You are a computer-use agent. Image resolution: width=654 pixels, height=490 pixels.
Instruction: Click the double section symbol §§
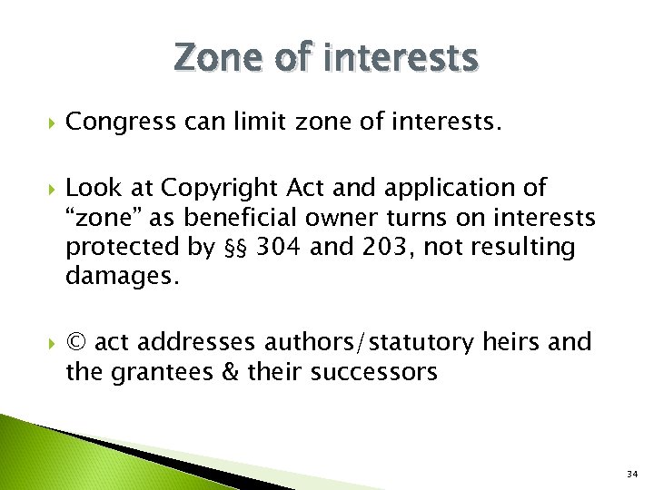[236, 248]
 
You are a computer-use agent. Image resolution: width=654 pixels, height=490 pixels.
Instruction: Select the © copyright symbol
[77, 342]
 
